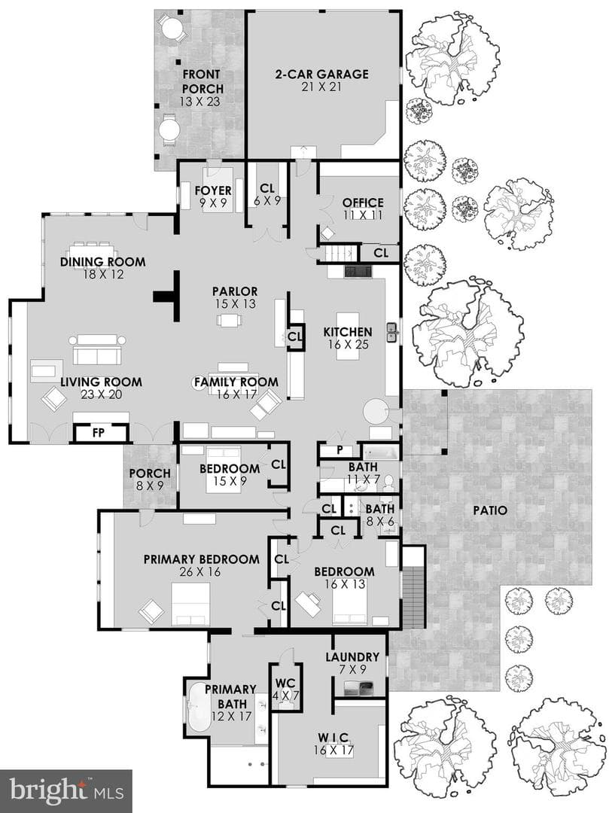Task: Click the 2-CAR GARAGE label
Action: pyautogui.click(x=321, y=74)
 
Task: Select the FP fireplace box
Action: pyautogui.click(x=99, y=432)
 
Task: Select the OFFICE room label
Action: pyautogui.click(x=363, y=202)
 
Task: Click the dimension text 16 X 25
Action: pyautogui.click(x=348, y=344)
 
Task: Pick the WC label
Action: pyautogui.click(x=285, y=683)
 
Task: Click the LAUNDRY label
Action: pyautogui.click(x=353, y=657)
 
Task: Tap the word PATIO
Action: pyautogui.click(x=490, y=510)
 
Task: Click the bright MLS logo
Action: pyautogui.click(x=66, y=791)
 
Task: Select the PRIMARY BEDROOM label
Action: pyautogui.click(x=201, y=559)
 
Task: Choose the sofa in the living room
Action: pyautogui.click(x=97, y=349)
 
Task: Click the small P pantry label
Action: pyautogui.click(x=339, y=450)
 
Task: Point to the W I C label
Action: pyautogui.click(x=333, y=737)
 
